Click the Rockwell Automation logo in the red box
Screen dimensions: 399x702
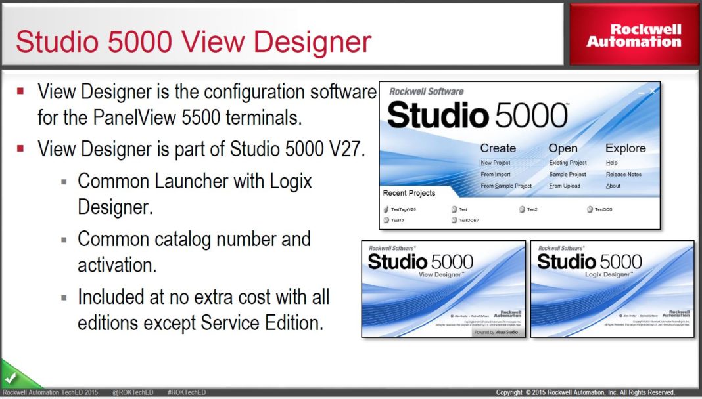click(634, 35)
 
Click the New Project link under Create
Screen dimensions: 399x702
click(496, 163)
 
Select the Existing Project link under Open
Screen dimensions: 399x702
click(568, 163)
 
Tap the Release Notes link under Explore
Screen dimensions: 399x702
click(623, 175)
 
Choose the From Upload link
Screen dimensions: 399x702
click(565, 186)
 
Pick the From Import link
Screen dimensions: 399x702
click(496, 175)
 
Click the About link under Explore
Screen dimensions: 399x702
click(613, 186)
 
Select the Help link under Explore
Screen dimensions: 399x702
click(612, 163)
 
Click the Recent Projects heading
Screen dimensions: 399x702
click(409, 194)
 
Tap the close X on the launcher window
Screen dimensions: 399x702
click(653, 91)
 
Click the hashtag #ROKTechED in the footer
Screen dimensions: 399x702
click(187, 392)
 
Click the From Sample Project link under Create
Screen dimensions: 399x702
click(506, 186)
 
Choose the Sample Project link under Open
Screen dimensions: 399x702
click(568, 175)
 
